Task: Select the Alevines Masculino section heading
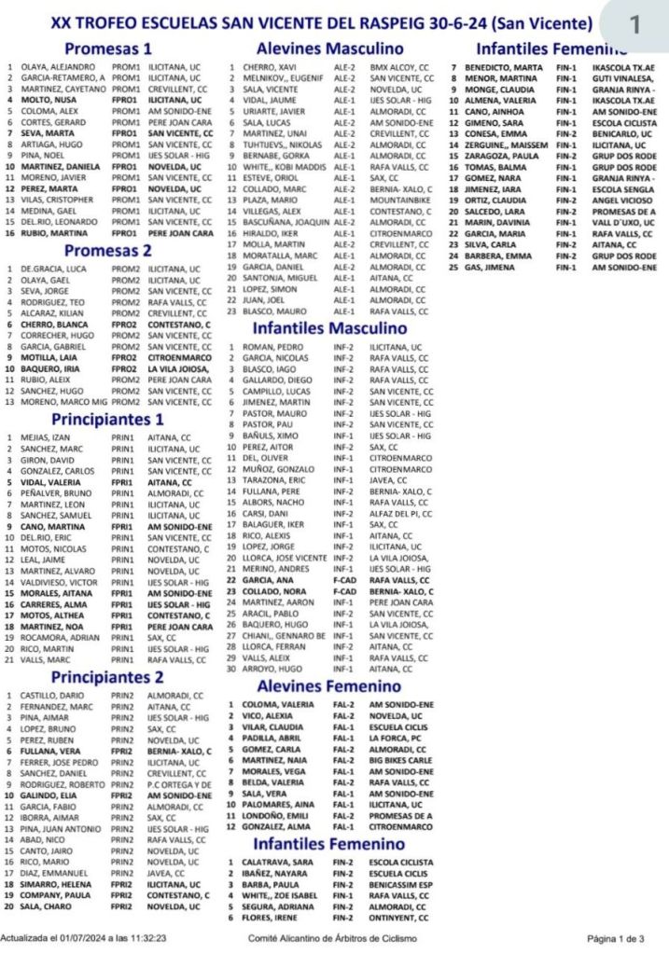tap(329, 48)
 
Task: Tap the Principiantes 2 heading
tap(108, 676)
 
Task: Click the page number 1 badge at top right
tap(634, 25)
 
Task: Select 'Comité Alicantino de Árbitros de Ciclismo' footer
tap(331, 938)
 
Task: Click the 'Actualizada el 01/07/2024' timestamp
tap(84, 938)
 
